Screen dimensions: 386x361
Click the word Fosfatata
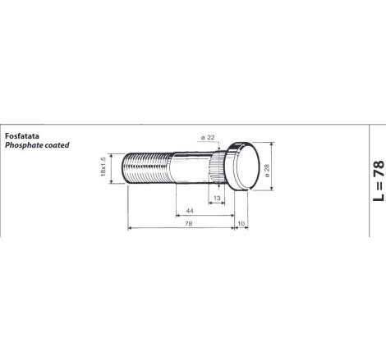pyautogui.click(x=22, y=136)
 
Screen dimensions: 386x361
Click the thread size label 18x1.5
pyautogui.click(x=103, y=167)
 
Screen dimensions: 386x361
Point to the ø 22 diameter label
pyautogui.click(x=208, y=138)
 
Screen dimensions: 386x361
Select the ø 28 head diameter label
pyautogui.click(x=268, y=171)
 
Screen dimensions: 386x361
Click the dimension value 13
pyautogui.click(x=217, y=198)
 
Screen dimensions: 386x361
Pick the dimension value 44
pyautogui.click(x=190, y=211)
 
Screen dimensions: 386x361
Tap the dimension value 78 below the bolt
pyautogui.click(x=188, y=223)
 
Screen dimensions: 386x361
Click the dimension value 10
pyautogui.click(x=241, y=224)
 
